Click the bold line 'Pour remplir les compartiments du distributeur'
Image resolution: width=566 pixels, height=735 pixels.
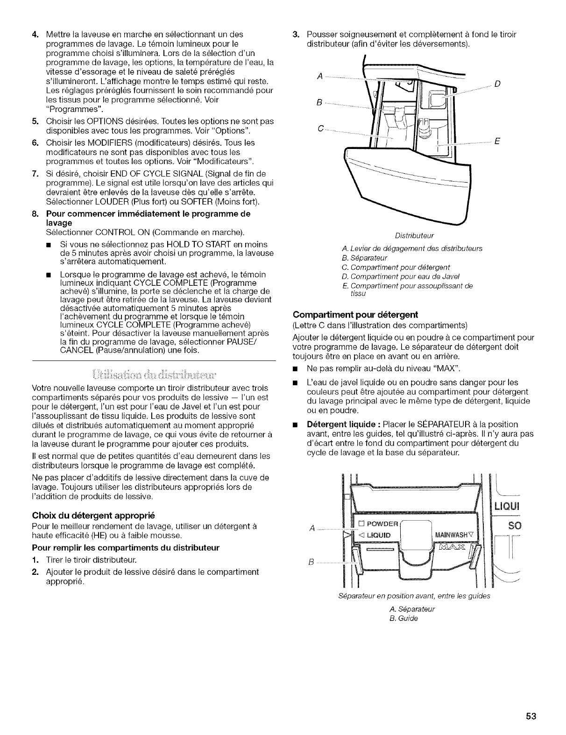[126, 547]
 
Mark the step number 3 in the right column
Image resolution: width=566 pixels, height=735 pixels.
[295, 35]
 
